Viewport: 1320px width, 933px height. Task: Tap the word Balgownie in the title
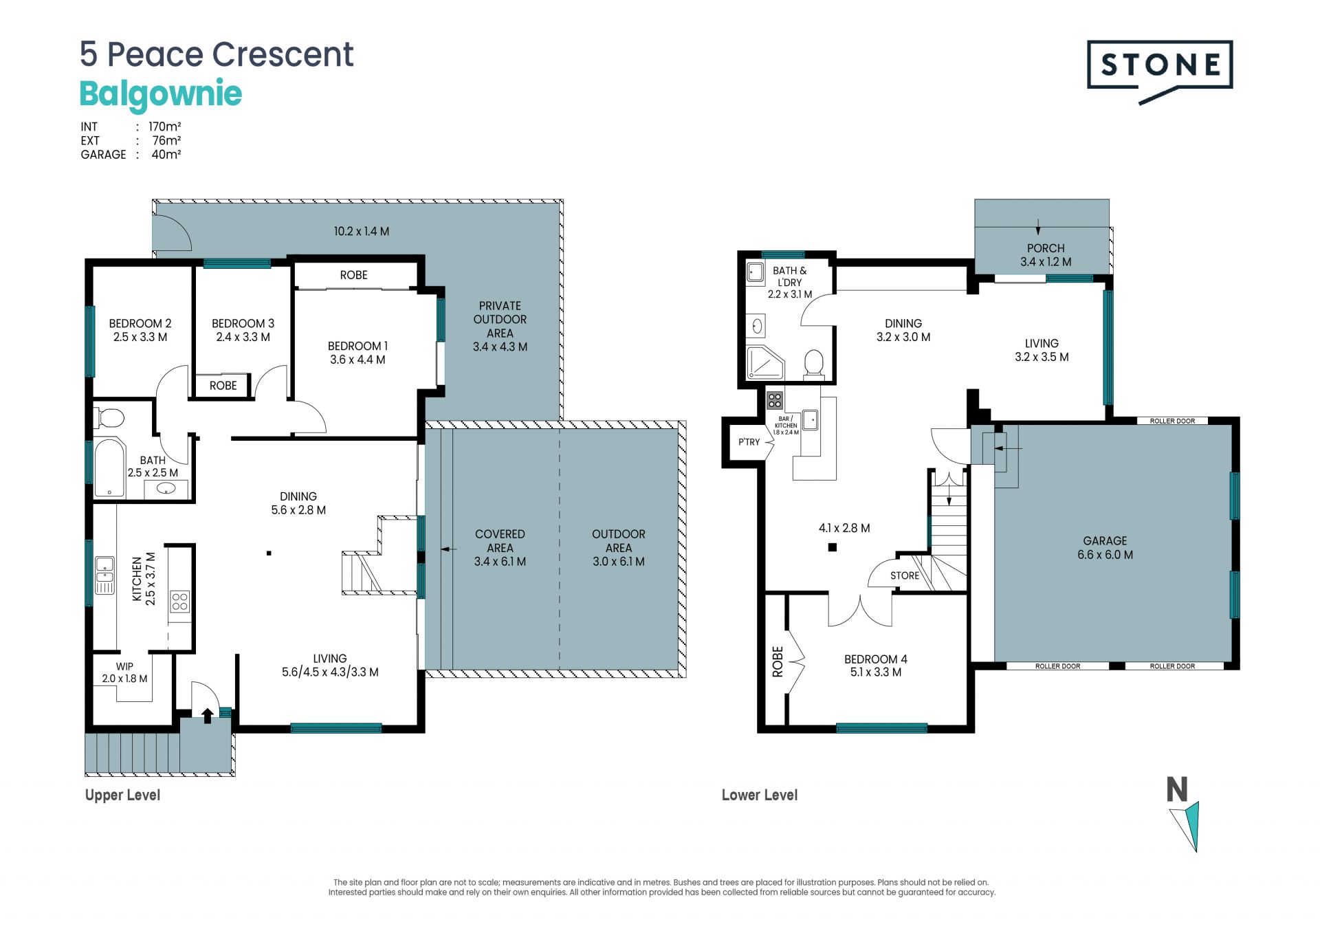[161, 94]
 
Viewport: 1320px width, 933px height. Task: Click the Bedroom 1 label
[357, 353]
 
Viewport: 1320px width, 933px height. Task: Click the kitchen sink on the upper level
[104, 575]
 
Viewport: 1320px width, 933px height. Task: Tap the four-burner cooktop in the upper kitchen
[180, 602]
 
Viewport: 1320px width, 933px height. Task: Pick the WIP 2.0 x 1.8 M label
[124, 672]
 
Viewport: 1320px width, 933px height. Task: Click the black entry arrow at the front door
[208, 716]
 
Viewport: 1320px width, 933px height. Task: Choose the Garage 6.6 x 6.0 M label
[1105, 548]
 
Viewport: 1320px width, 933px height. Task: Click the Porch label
[1046, 255]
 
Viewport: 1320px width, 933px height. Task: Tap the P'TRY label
[749, 442]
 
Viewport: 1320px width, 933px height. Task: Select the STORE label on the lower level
[905, 575]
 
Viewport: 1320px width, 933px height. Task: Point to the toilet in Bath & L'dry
[814, 364]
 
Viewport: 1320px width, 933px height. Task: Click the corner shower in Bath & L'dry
[765, 362]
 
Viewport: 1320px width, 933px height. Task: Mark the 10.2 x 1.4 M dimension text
[362, 232]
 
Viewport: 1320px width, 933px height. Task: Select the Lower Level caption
[760, 795]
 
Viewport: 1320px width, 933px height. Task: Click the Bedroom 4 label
[876, 666]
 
